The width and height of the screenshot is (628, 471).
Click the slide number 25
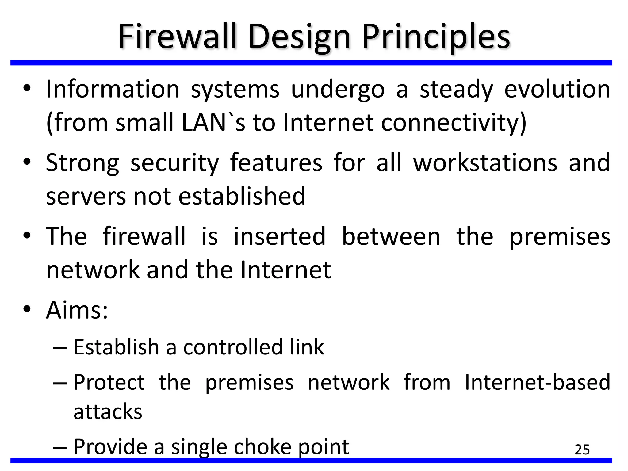[582, 450]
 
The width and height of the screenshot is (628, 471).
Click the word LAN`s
[213, 123]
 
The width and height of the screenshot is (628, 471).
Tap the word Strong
[82, 163]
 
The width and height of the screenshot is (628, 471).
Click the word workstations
[485, 163]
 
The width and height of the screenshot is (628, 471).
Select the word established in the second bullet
[242, 196]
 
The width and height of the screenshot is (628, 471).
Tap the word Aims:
[77, 310]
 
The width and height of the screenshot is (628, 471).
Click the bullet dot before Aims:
[27, 309]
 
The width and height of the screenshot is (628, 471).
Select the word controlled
[233, 347]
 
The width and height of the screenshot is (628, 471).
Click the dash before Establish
[60, 348]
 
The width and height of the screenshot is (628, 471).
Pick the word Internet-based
[537, 382]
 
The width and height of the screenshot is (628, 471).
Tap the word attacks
[108, 412]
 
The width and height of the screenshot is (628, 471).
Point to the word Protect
[109, 382]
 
